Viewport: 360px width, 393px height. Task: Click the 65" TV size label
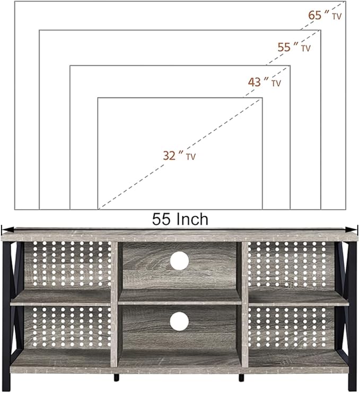point(324,15)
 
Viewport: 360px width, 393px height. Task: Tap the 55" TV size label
point(294,47)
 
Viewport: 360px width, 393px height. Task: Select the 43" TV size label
point(265,82)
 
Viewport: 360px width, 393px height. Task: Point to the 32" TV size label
point(179,156)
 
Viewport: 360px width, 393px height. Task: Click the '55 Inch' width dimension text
point(180,219)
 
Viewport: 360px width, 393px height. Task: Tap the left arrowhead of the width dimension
point(7,229)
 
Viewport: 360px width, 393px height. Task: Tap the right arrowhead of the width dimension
point(352,229)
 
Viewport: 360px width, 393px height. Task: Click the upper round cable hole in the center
point(179,261)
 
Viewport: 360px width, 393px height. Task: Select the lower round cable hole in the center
point(179,321)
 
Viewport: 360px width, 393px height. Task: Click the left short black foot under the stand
point(117,378)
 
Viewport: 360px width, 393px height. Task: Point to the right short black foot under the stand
point(241,378)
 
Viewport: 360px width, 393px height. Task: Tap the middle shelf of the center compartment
point(180,298)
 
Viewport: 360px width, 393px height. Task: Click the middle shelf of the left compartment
point(60,298)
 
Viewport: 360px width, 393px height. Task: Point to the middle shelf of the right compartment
point(299,298)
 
